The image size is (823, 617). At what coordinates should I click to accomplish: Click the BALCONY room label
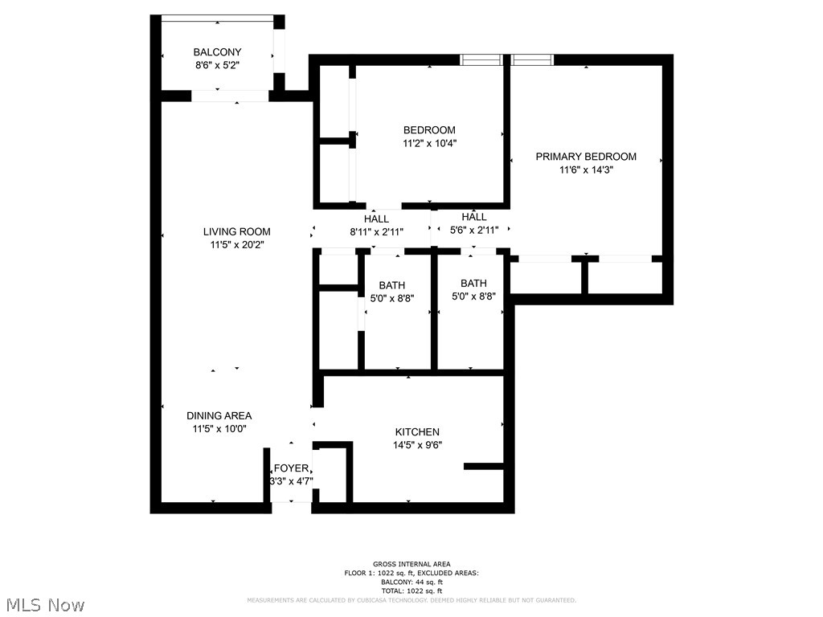point(217,52)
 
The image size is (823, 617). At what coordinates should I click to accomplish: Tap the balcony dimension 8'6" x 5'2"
point(217,65)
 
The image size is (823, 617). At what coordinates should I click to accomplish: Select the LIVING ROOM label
point(236,232)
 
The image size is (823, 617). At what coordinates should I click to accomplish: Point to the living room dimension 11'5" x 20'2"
point(236,245)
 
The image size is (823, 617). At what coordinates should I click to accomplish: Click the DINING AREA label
point(219,415)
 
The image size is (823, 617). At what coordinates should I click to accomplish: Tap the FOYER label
point(291,468)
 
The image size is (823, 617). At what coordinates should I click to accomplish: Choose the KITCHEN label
point(417,431)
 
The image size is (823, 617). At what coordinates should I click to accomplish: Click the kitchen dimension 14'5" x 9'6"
point(417,445)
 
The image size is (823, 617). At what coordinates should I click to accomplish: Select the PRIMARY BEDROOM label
point(586,157)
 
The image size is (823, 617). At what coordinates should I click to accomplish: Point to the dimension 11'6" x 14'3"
point(586,170)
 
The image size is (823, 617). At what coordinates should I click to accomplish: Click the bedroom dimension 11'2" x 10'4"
point(429,143)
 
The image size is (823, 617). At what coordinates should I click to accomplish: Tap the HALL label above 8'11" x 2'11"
point(376,219)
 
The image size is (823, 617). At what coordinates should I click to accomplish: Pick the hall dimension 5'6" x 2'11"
point(474,230)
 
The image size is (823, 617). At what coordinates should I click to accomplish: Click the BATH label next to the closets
point(392,285)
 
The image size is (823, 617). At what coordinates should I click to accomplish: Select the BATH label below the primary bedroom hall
point(473,283)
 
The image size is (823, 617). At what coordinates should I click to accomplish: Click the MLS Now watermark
point(44,604)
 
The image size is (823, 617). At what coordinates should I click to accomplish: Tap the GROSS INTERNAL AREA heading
point(411,564)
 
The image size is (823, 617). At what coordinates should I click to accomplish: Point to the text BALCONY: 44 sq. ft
point(411,582)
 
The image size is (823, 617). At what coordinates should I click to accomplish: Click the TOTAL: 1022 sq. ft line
point(411,590)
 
